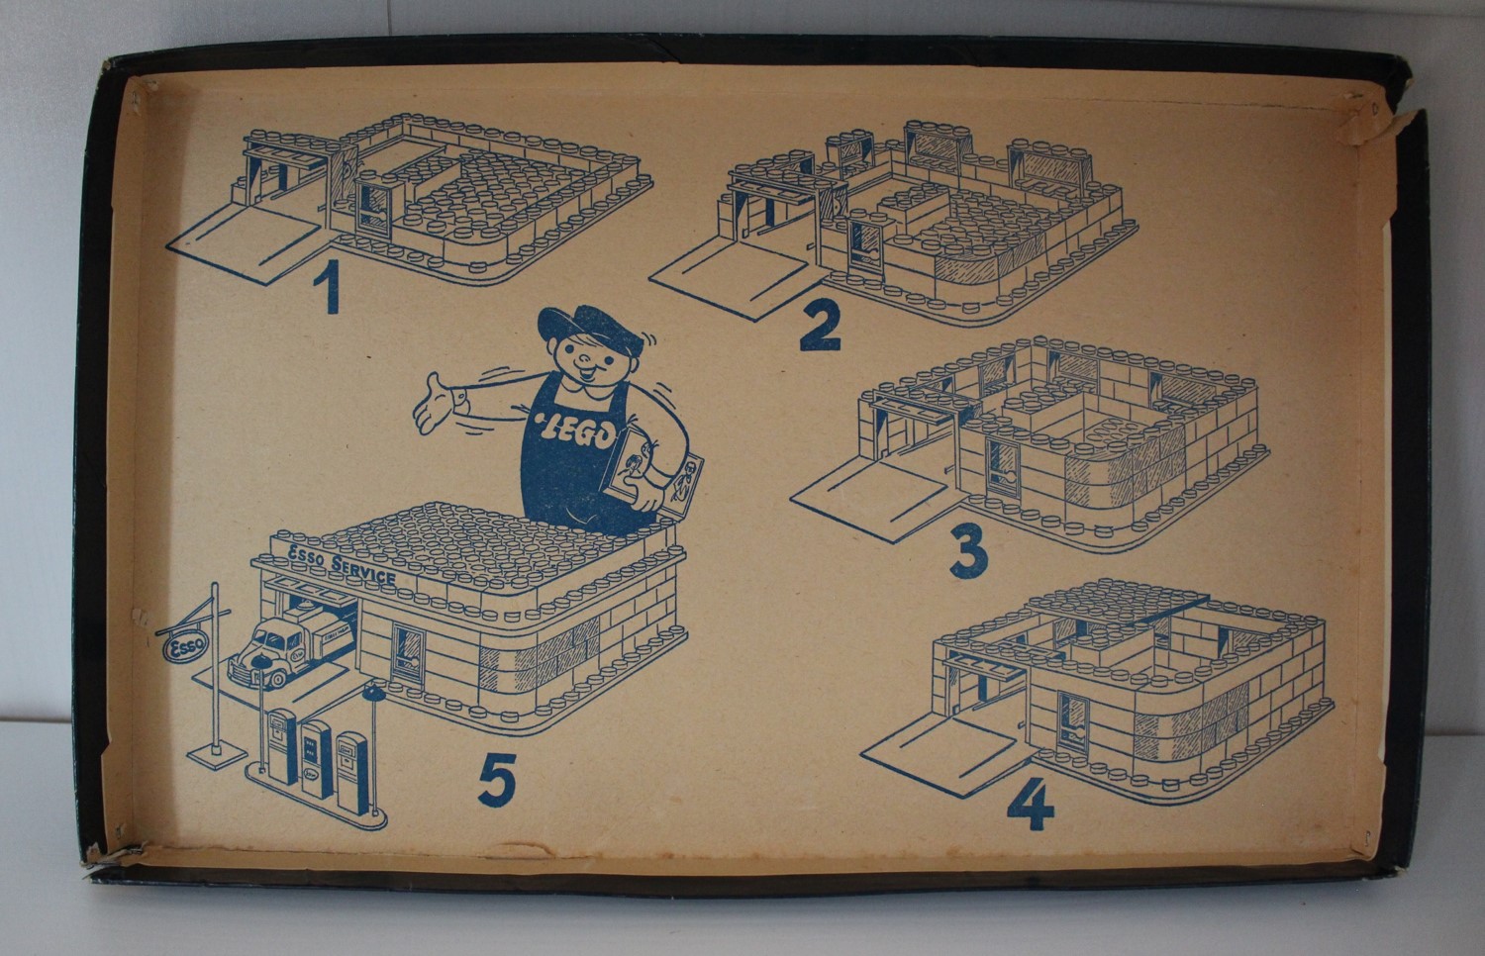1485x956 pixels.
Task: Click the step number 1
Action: coord(328,286)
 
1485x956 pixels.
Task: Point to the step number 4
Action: coord(1031,804)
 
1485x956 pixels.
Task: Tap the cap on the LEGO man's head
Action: coord(589,328)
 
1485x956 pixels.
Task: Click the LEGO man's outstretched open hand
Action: coord(435,403)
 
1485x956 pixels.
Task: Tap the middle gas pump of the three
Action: coord(316,759)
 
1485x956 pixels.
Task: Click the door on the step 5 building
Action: coord(407,654)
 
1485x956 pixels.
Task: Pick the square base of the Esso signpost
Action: coord(217,751)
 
